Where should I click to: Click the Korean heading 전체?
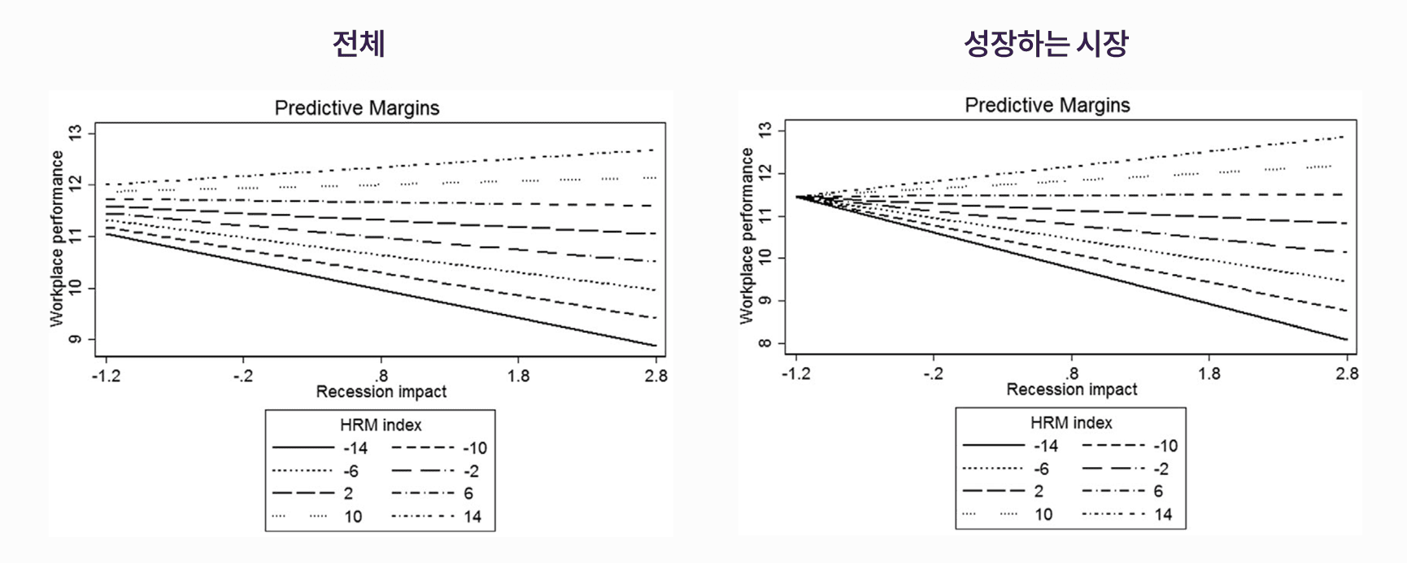(x=359, y=44)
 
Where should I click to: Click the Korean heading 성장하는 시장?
(x=1046, y=44)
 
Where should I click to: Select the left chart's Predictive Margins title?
(x=357, y=108)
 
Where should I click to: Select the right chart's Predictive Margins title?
(x=1048, y=106)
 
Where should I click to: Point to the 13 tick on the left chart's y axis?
(x=76, y=133)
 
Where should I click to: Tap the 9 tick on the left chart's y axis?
(x=76, y=339)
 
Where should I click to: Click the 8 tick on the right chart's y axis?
(x=765, y=343)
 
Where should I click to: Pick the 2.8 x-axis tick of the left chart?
(x=656, y=376)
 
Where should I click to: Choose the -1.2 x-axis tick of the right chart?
(x=795, y=373)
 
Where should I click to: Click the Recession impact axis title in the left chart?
(x=381, y=392)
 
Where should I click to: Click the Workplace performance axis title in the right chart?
(x=747, y=237)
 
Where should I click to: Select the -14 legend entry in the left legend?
(x=355, y=447)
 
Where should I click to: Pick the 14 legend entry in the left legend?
(x=473, y=517)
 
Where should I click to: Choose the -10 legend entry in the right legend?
(x=1165, y=446)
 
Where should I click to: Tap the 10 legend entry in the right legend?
(x=1043, y=514)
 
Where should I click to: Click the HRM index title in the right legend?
(x=1071, y=423)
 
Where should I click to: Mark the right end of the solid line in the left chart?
(x=656, y=346)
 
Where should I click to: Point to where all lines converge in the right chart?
(x=797, y=197)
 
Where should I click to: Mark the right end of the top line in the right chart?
(x=1345, y=137)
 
